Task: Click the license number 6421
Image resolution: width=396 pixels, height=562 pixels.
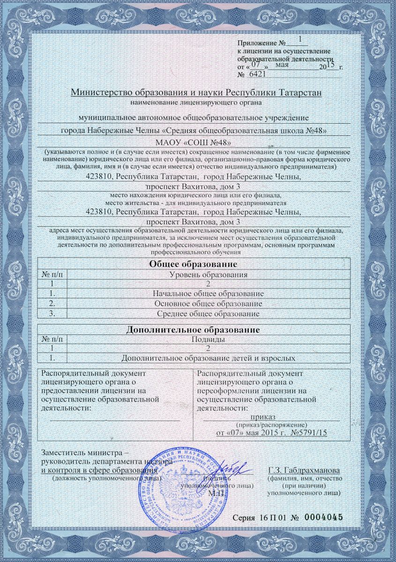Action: [x=257, y=74]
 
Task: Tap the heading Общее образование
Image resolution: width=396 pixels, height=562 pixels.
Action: [x=193, y=264]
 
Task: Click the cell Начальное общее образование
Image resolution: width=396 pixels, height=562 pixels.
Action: [x=208, y=293]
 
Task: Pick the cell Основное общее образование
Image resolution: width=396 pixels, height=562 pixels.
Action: [x=208, y=303]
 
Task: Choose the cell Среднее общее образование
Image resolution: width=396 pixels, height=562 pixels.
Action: [x=208, y=313]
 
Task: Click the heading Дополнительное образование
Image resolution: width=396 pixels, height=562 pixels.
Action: [x=193, y=329]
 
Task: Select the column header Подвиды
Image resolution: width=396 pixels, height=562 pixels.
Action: [x=208, y=339]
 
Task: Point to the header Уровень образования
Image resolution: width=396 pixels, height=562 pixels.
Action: [x=208, y=274]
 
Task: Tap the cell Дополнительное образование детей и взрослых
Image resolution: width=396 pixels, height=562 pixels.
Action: [x=208, y=359]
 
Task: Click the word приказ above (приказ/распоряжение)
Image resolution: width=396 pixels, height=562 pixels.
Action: [x=263, y=416]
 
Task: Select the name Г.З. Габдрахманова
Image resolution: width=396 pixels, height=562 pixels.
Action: [x=304, y=470]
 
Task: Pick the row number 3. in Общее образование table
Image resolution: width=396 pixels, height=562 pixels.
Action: [x=52, y=313]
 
